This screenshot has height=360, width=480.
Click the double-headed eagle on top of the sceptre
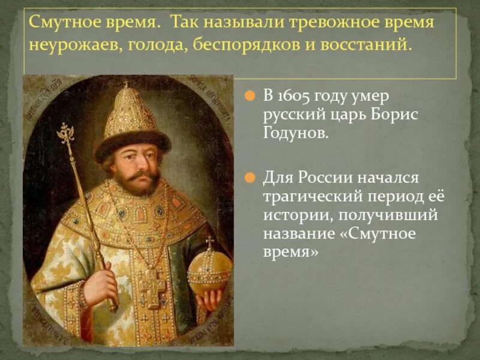pyautogui.click(x=65, y=133)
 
